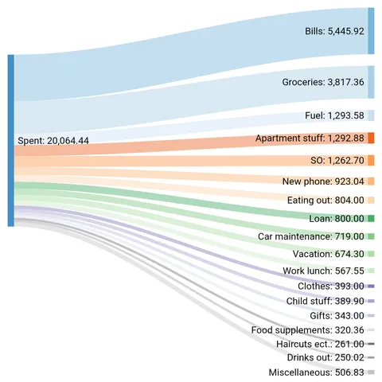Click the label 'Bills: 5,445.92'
coord(334,32)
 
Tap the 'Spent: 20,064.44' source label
coord(53,140)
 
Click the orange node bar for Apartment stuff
coord(371,138)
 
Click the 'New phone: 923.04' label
coord(323,181)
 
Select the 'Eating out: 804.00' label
coord(325,200)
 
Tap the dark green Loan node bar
coord(371,218)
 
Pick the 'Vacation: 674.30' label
coord(326,254)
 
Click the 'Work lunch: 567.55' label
coord(322,271)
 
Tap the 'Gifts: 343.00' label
coord(337,316)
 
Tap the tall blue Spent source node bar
coord(10,140)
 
